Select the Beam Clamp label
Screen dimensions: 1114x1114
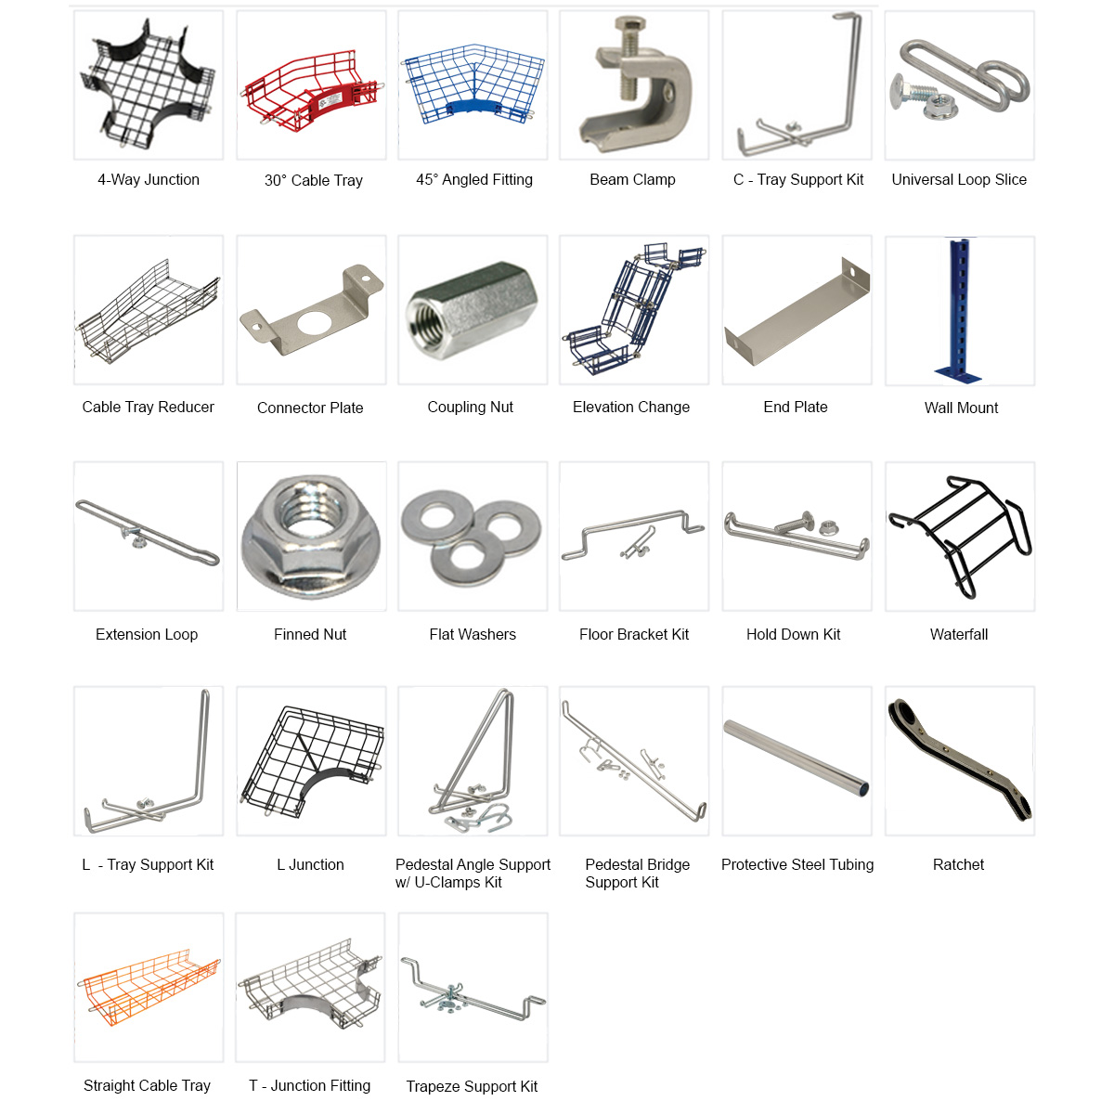point(632,180)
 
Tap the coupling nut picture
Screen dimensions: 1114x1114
point(472,311)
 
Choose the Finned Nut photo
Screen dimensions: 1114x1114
point(311,536)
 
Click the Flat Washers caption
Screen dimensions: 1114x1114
point(473,635)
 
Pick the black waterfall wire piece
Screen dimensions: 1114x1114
point(960,536)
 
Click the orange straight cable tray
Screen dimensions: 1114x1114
point(149,987)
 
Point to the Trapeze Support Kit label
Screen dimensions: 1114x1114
point(472,1086)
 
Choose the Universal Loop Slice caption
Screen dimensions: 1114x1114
point(959,180)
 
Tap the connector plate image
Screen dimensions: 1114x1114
point(311,311)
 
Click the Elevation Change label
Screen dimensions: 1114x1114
point(631,408)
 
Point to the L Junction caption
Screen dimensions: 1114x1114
point(310,865)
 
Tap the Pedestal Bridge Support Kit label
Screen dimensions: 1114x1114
point(637,874)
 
